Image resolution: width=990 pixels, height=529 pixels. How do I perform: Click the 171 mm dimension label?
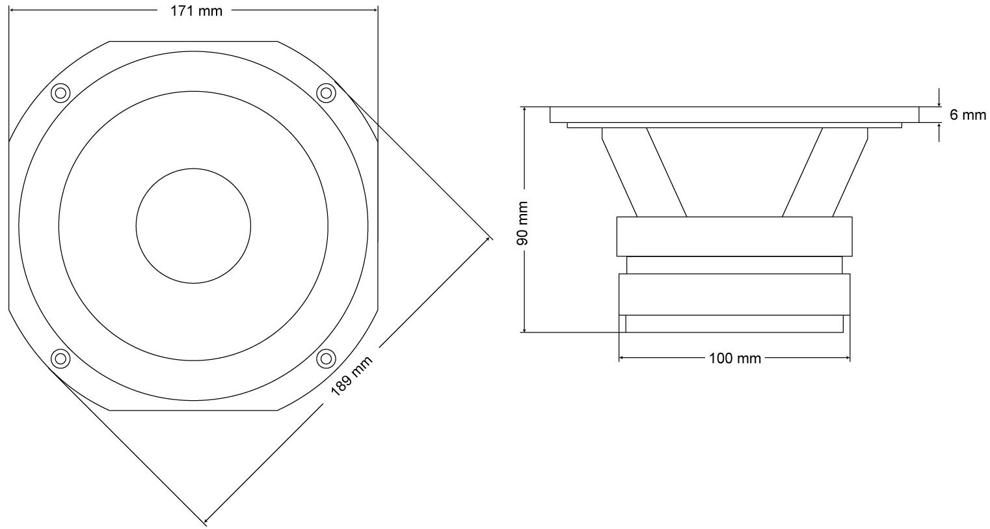tap(193, 11)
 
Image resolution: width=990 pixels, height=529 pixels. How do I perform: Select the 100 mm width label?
tap(735, 358)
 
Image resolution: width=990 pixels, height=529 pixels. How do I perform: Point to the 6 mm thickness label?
tap(968, 115)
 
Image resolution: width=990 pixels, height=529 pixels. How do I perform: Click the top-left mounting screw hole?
tap(61, 93)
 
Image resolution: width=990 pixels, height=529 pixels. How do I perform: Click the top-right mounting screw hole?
tap(325, 93)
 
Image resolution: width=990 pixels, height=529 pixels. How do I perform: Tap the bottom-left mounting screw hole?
tap(61, 357)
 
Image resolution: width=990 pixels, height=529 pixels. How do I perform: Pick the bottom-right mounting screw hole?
tap(325, 357)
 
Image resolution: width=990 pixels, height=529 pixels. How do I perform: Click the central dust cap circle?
tap(193, 225)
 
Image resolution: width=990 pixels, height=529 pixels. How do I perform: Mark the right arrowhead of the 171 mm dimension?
tap(375, 10)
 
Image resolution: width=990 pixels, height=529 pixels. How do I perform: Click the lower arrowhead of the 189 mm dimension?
tap(207, 520)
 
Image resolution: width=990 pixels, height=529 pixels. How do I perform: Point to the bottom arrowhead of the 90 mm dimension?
tap(524, 330)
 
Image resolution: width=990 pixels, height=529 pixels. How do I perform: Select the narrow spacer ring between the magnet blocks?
tap(734, 265)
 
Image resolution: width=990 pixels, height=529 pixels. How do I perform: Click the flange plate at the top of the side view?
tap(734, 115)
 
